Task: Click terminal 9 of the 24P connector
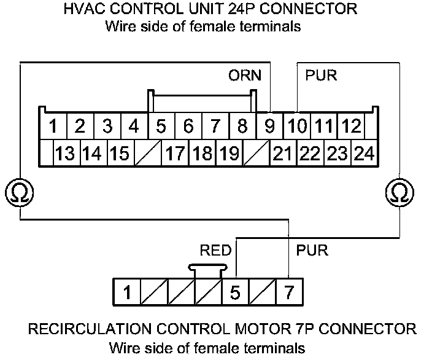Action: click(269, 127)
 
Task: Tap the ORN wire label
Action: click(244, 76)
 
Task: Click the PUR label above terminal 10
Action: click(320, 76)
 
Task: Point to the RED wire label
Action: click(215, 250)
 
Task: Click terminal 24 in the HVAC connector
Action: click(364, 153)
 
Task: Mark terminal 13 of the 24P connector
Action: click(64, 153)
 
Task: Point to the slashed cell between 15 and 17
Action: click(147, 153)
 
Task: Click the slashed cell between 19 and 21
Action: click(255, 153)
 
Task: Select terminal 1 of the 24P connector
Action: click(53, 127)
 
